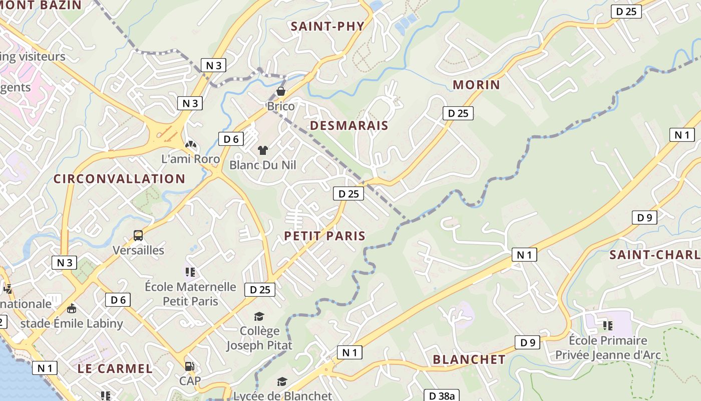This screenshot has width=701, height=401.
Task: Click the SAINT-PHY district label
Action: pyautogui.click(x=327, y=27)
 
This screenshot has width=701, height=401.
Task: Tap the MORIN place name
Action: pyautogui.click(x=476, y=85)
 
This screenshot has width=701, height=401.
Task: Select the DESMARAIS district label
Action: pyautogui.click(x=349, y=125)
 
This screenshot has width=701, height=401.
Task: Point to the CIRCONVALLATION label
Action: pyautogui.click(x=119, y=179)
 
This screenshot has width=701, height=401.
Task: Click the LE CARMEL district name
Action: pyautogui.click(x=115, y=369)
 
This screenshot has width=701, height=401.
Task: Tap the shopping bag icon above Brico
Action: pyautogui.click(x=281, y=91)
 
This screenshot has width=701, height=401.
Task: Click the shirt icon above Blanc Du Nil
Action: pyautogui.click(x=262, y=150)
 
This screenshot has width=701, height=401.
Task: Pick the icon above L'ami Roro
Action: pyautogui.click(x=191, y=145)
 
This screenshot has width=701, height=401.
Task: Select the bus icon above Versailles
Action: pyautogui.click(x=138, y=235)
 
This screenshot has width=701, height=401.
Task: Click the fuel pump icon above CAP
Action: pyautogui.click(x=189, y=366)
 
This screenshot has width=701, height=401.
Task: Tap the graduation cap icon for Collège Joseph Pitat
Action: pyautogui.click(x=259, y=316)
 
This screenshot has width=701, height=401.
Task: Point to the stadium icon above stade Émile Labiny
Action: pyautogui.click(x=72, y=308)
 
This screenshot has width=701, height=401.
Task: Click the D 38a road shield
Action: pyautogui.click(x=441, y=395)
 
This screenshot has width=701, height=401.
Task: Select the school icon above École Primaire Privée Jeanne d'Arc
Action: pyautogui.click(x=608, y=326)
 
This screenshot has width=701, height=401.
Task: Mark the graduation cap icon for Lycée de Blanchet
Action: pyautogui.click(x=282, y=381)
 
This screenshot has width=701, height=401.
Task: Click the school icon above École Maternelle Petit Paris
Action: pyautogui.click(x=190, y=272)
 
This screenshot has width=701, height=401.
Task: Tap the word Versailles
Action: pyautogui.click(x=138, y=250)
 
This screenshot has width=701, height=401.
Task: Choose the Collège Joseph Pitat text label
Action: pyautogui.click(x=259, y=338)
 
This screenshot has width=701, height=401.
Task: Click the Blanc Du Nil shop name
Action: pyautogui.click(x=263, y=165)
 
